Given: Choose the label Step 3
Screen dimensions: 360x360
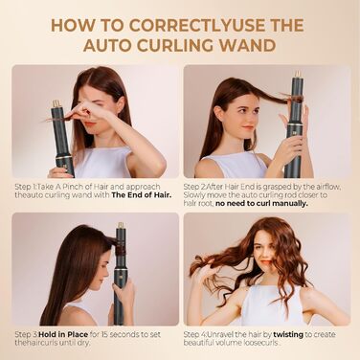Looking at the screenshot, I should tap(27, 333).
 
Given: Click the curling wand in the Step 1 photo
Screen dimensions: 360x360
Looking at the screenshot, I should tap(63, 134).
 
